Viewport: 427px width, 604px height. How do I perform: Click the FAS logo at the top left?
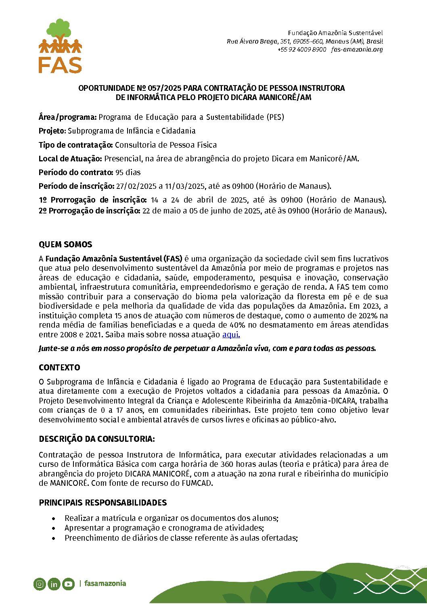pos(60,46)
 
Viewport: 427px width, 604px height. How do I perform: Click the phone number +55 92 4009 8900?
pos(301,50)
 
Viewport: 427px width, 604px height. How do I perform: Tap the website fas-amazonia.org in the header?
pos(357,50)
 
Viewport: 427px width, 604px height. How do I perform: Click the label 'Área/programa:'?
pos(67,117)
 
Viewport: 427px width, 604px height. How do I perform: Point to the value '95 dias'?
pos(128,172)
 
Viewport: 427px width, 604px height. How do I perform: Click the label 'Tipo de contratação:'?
pos(75,145)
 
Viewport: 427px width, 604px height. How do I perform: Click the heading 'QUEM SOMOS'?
pos(65,245)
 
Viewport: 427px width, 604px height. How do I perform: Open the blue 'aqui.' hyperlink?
pos(231,334)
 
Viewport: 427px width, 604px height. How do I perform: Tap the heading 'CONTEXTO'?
pos(59,368)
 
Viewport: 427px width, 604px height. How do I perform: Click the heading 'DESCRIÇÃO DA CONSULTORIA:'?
pos(97,439)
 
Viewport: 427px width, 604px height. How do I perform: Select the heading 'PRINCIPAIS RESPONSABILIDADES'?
pos(103,503)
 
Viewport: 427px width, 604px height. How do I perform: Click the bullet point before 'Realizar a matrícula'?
pos(54,518)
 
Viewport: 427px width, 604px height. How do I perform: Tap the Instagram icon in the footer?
pos(40,584)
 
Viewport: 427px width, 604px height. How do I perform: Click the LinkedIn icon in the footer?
pos(54,584)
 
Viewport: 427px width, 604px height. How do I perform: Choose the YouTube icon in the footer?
pos(68,584)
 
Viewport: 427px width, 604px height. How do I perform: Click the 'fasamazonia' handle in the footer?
pos(105,583)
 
